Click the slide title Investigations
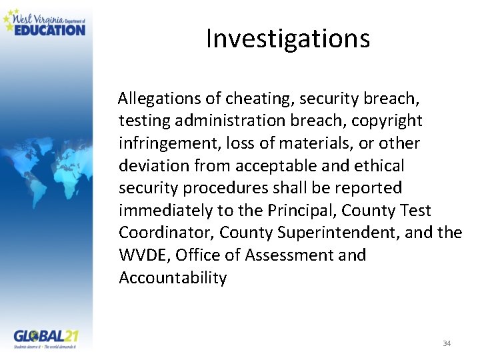pos(287,39)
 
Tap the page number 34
pos(447,343)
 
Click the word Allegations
pos(159,99)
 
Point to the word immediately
pos(161,211)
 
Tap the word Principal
pos(302,211)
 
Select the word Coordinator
pos(166,233)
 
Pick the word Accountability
pos(173,278)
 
